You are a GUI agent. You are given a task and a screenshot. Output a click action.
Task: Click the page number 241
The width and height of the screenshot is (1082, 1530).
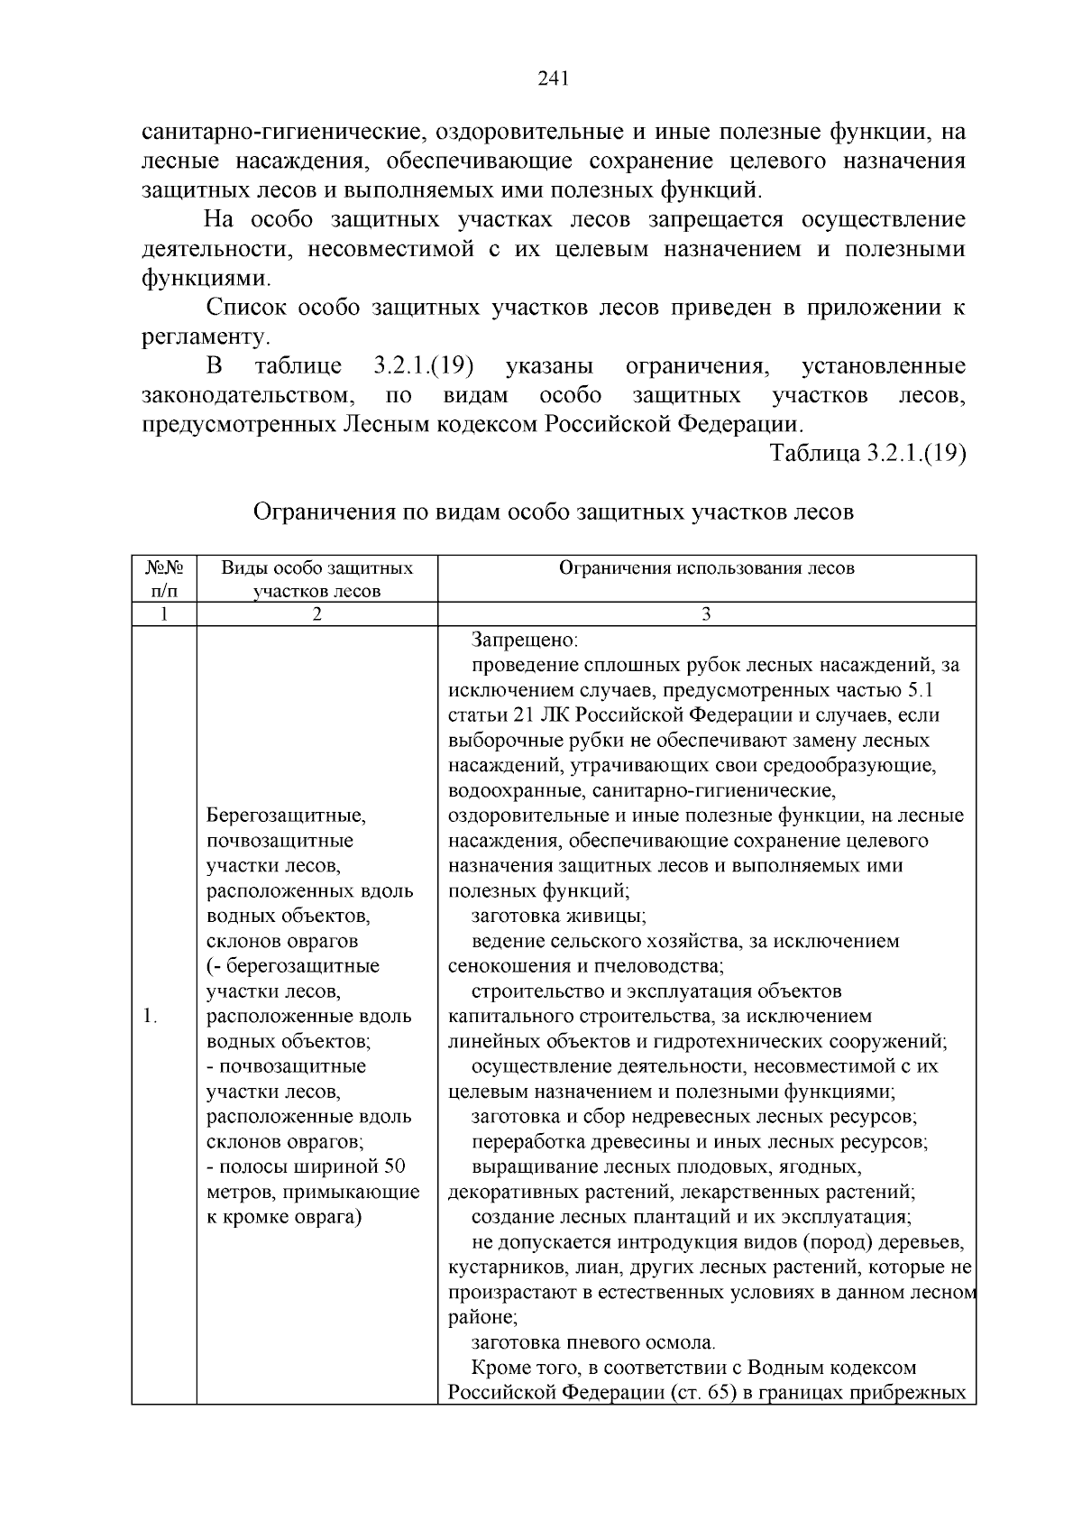[553, 79]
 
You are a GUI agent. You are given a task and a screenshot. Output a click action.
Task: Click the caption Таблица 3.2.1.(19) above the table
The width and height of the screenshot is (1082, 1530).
[867, 453]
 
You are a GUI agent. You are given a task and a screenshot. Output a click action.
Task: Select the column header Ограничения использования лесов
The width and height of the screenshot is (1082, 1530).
[706, 567]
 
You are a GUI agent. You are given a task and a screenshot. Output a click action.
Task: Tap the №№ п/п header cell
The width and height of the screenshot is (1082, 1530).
[164, 578]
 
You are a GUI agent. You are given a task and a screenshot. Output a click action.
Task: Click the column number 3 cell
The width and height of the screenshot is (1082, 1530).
[706, 614]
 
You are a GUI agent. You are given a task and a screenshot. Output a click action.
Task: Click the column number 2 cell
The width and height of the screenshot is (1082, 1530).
[316, 614]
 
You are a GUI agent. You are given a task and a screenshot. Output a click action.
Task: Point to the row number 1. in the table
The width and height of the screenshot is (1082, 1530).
[150, 1017]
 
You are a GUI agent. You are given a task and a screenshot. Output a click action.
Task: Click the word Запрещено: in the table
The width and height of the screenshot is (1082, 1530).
[524, 640]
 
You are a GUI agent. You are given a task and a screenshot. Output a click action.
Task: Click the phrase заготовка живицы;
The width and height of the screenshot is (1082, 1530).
[558, 916]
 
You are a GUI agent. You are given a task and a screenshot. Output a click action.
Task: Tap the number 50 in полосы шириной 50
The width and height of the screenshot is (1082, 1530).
[395, 1167]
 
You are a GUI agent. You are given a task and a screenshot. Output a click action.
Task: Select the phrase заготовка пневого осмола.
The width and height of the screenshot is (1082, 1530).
[593, 1342]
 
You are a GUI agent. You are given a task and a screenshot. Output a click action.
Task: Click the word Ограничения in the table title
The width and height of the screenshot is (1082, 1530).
[324, 512]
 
